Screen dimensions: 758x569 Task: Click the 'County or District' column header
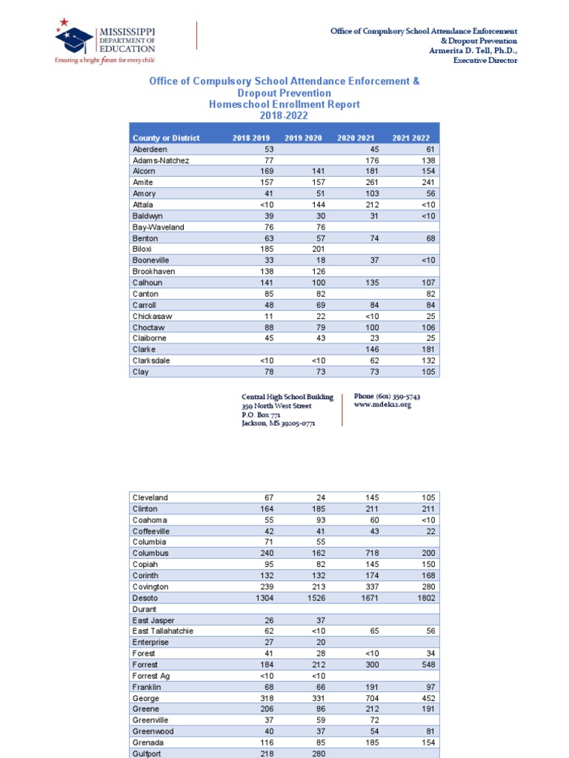coord(166,138)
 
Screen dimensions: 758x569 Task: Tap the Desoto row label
coord(145,597)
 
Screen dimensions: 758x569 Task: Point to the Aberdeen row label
coord(150,150)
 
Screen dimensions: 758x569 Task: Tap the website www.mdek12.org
coord(383,406)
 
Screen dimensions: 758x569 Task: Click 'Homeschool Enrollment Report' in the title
coord(284,104)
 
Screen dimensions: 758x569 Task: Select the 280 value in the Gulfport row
coord(316,753)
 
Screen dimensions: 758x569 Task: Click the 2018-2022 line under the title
coord(284,115)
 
